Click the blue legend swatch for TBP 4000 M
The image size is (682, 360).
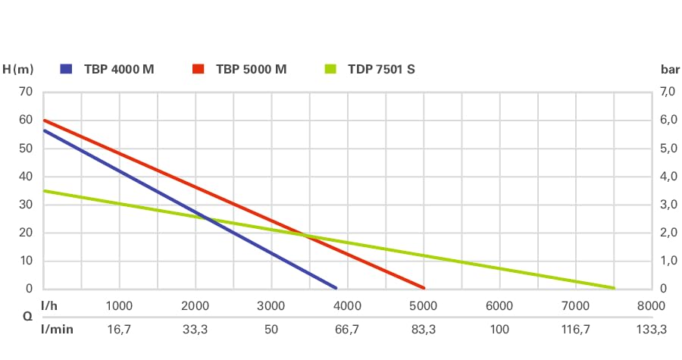coord(67,69)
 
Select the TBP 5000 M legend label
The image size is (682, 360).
coord(251,69)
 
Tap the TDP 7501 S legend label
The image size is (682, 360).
coord(381,69)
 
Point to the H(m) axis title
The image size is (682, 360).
coord(18,69)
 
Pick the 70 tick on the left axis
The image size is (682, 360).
coord(27,92)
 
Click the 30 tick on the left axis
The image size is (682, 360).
coord(27,205)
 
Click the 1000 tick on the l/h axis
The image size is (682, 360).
coord(120,306)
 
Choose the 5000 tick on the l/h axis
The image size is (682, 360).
coord(424,306)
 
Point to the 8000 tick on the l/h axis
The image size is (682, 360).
coord(651,306)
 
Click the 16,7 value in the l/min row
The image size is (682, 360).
coord(120,330)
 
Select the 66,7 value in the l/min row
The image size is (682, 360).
coord(348,330)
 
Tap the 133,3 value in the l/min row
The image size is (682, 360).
coord(651,330)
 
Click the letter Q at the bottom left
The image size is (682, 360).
coord(7,318)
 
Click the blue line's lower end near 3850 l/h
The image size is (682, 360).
coord(335,287)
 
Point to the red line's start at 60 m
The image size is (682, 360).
coord(45,121)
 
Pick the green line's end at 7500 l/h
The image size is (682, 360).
coord(613,288)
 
